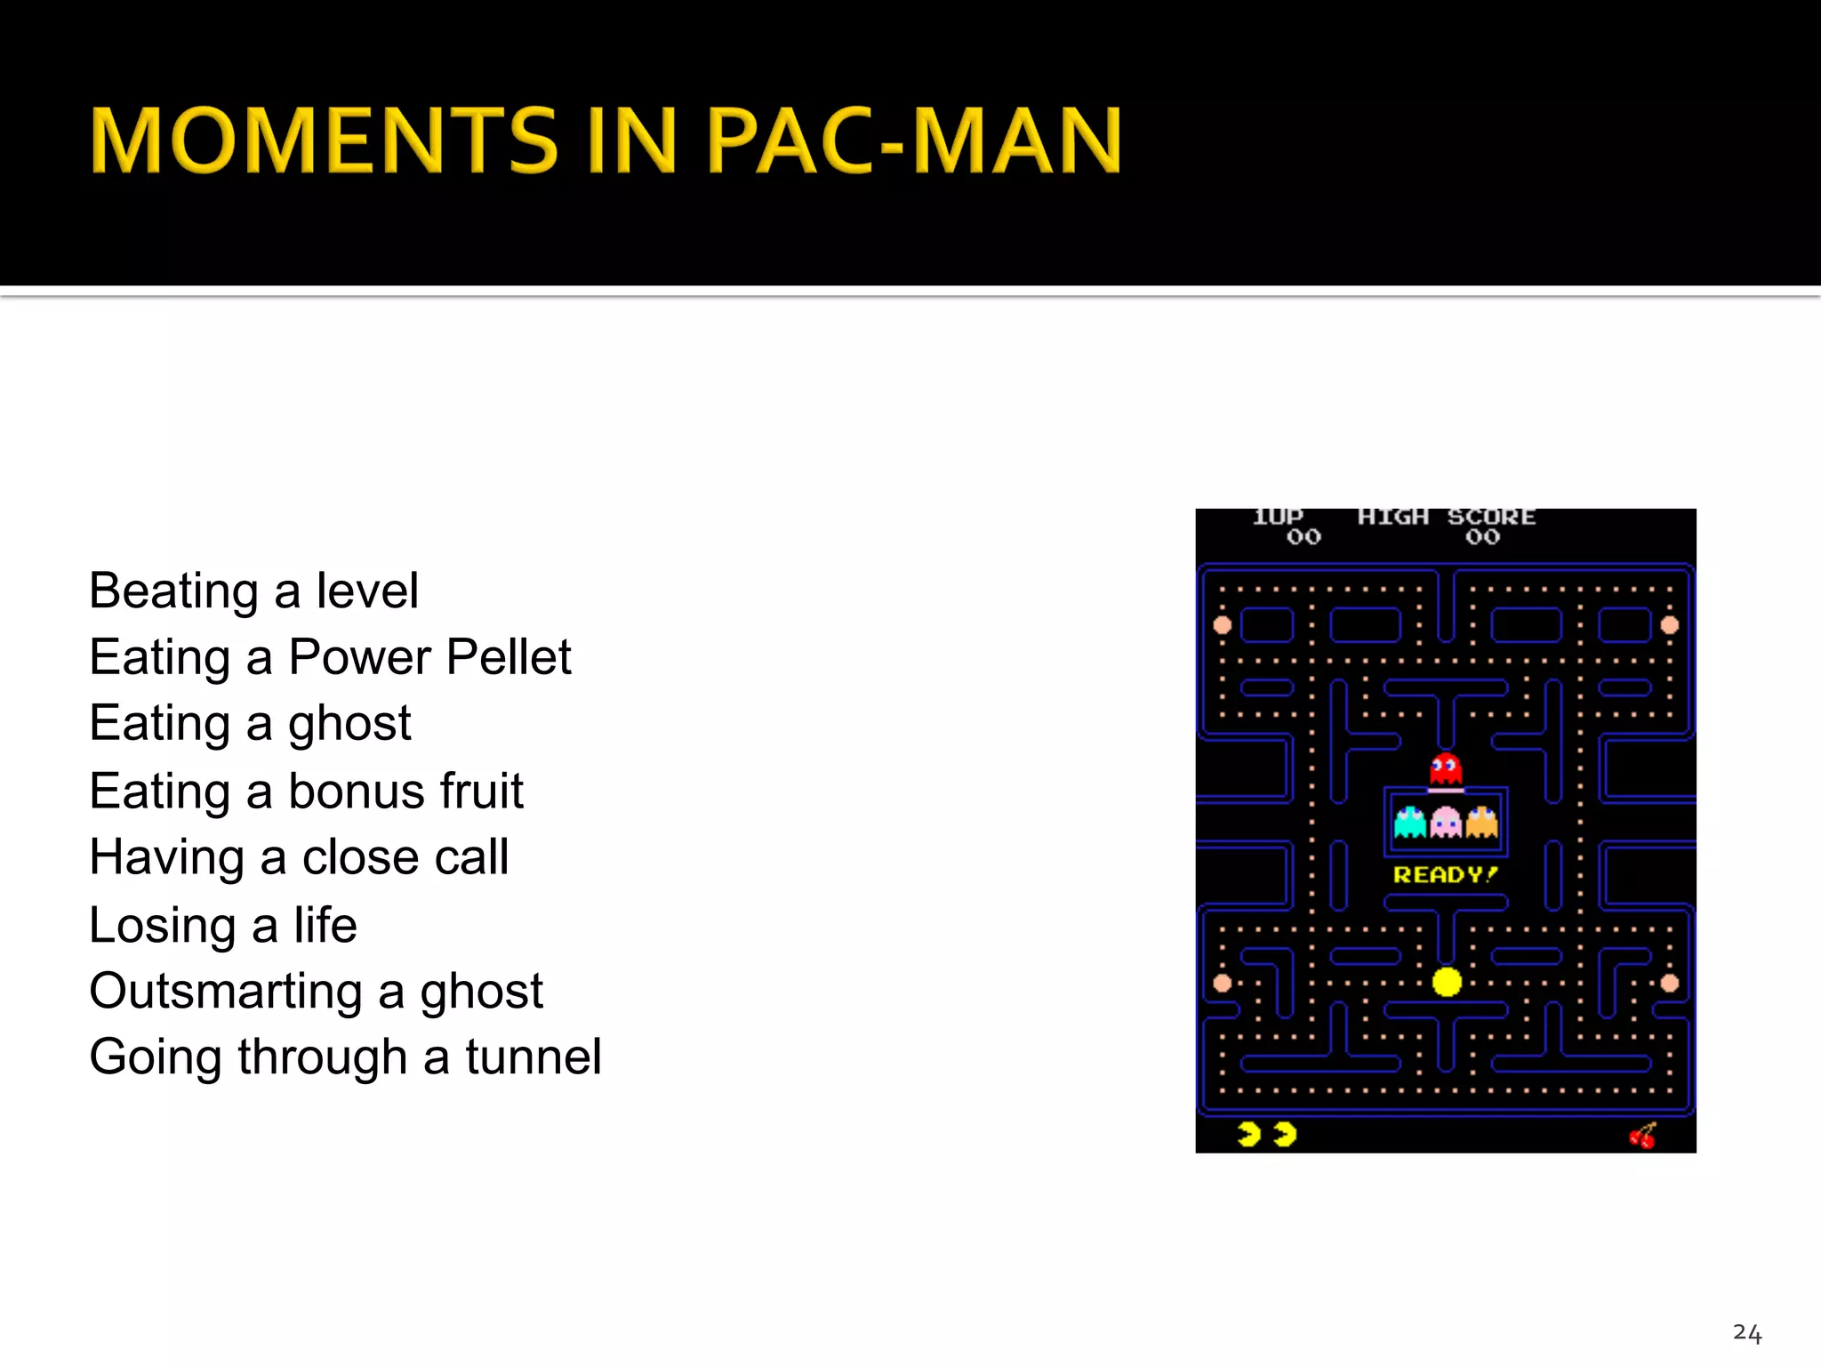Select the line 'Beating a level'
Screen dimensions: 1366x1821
click(253, 591)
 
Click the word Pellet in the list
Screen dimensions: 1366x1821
click(509, 657)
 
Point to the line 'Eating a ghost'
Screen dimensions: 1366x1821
click(250, 723)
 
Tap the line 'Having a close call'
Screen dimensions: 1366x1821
click(299, 857)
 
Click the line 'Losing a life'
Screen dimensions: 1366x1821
click(223, 925)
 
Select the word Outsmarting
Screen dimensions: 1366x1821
click(226, 991)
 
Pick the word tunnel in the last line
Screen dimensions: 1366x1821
click(533, 1057)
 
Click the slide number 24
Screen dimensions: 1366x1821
click(1746, 1333)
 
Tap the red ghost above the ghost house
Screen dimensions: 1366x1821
click(1446, 769)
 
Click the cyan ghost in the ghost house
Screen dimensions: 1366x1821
click(1410, 823)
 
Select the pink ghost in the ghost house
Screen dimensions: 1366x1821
click(1446, 823)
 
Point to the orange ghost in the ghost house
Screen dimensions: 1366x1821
click(1481, 823)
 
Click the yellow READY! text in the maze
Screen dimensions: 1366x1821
click(1445, 875)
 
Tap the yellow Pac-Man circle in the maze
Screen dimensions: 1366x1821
click(1447, 982)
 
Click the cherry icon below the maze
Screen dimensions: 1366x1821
click(1642, 1136)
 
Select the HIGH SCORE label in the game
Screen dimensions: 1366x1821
click(1447, 517)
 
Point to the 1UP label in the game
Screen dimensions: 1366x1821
click(1278, 517)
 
